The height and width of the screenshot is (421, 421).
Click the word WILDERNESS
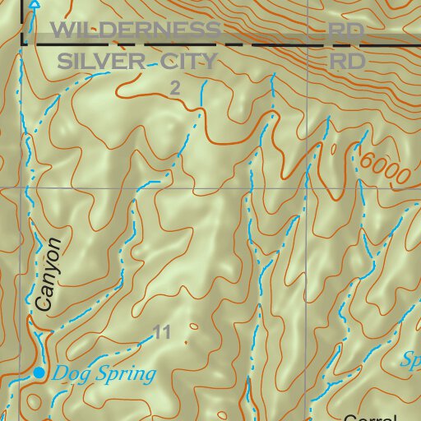136,31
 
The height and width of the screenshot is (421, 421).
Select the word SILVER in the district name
98,62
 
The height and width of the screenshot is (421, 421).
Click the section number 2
174,87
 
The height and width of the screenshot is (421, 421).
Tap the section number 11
162,332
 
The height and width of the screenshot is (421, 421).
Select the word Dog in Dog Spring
68,374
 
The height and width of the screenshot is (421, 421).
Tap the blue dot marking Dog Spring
39,373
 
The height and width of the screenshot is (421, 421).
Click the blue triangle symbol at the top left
34,4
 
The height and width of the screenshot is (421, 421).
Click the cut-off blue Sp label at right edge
410,359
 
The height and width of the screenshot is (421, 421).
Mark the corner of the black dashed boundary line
24,43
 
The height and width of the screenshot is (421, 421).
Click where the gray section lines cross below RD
308,188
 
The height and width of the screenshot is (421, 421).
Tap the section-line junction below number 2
246,188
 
